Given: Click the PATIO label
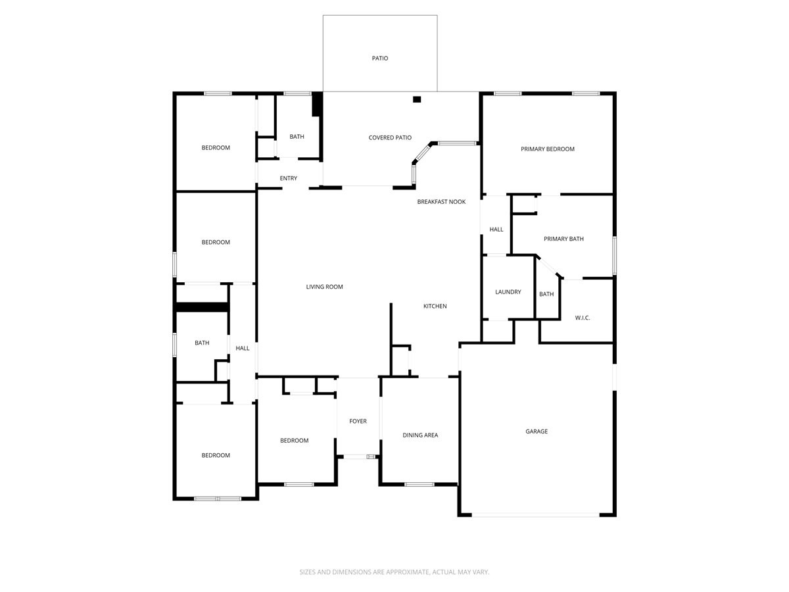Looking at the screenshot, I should point(380,59).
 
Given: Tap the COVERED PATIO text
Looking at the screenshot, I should point(390,137).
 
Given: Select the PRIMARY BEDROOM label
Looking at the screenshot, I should point(547,149).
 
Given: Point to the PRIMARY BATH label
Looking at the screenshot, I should point(563,239).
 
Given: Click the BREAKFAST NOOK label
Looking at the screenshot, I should point(441,202).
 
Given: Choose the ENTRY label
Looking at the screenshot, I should point(288,178).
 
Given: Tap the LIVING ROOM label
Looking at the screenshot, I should point(324,287).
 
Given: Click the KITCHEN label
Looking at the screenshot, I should point(435,307).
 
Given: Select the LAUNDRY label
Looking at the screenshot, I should point(508,292).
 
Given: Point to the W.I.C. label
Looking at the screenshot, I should point(583,318).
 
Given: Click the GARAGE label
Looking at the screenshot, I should point(537,432).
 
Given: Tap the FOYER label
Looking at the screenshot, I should point(358,421).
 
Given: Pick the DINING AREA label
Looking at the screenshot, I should point(420,435).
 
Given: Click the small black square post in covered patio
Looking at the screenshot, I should point(416,99).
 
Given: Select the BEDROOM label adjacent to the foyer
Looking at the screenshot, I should point(294,441).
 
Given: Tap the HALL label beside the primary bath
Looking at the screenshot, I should point(496,230).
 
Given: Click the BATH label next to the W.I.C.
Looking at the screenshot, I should point(546,294).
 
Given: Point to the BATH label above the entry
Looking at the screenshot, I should point(297,137).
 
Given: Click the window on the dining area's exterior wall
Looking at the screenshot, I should point(419,485).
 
